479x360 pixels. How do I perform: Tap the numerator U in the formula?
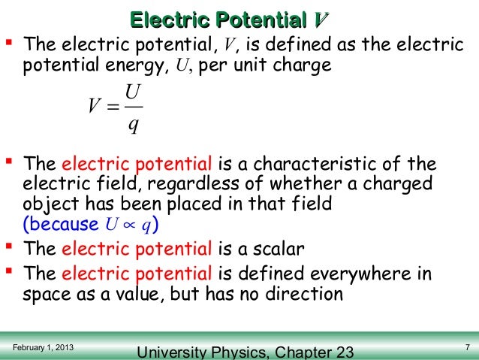(132, 95)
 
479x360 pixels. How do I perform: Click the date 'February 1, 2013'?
(44, 346)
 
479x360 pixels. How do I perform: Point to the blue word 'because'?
(64, 224)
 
